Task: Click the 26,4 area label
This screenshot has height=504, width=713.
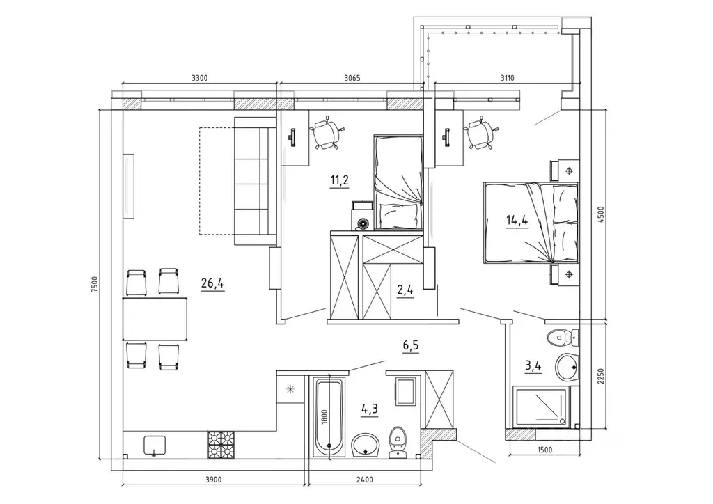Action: tap(212, 283)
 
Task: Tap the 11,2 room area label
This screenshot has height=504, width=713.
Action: tap(339, 180)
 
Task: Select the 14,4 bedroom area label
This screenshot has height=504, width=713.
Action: tap(517, 221)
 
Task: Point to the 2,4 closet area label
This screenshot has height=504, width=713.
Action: tap(405, 290)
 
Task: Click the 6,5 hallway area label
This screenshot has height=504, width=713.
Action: tap(411, 346)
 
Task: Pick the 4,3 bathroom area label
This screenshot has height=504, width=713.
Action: tap(370, 409)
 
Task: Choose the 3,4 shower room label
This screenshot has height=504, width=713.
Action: tap(533, 366)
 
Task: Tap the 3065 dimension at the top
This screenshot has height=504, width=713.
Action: tap(352, 78)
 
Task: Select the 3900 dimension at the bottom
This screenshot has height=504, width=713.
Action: tap(213, 480)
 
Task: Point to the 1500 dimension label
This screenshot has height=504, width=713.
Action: tap(544, 450)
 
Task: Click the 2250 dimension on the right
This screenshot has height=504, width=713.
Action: tap(600, 377)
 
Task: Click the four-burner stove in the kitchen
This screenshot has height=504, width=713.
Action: tap(221, 444)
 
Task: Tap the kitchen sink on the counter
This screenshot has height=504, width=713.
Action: tap(155, 446)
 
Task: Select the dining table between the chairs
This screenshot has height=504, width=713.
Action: tap(155, 319)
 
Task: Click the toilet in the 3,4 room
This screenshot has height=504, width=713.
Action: tap(563, 338)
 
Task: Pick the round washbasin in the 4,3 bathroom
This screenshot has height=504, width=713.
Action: tap(365, 445)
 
